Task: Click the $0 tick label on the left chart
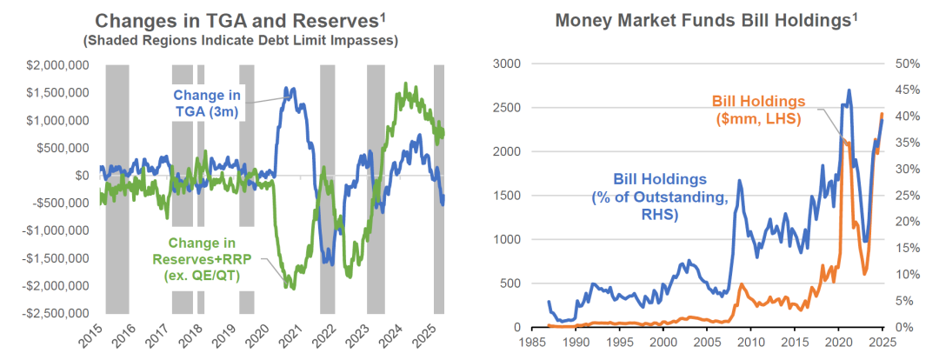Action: tap(82, 175)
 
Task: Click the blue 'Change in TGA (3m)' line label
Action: tap(208, 102)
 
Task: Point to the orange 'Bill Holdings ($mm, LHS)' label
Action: tap(756, 110)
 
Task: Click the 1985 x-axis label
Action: tap(530, 342)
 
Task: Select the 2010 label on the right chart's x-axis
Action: tap(750, 342)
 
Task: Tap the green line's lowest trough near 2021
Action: tap(290, 287)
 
